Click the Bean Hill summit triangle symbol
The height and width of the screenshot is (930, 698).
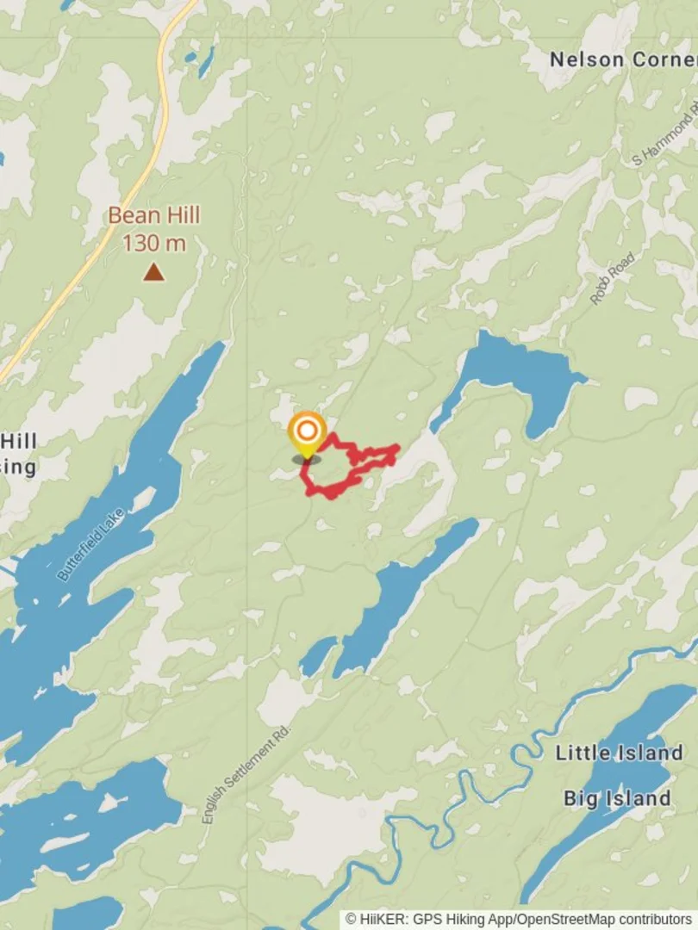coord(153,272)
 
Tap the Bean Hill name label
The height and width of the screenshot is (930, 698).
coord(153,215)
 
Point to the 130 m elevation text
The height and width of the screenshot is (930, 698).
coord(153,243)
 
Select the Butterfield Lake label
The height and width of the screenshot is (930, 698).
coord(90,544)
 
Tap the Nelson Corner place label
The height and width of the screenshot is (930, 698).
coord(622,59)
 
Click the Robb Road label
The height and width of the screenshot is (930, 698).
coord(613,278)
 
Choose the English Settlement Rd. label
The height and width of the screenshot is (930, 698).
coord(248,773)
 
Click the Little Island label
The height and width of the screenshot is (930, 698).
coord(619,753)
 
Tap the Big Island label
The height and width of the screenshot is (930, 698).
coord(617,797)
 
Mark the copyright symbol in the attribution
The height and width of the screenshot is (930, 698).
coord(352,920)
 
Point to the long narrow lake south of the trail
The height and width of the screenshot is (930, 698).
coord(405,586)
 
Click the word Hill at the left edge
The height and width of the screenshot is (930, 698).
coord(18,442)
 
